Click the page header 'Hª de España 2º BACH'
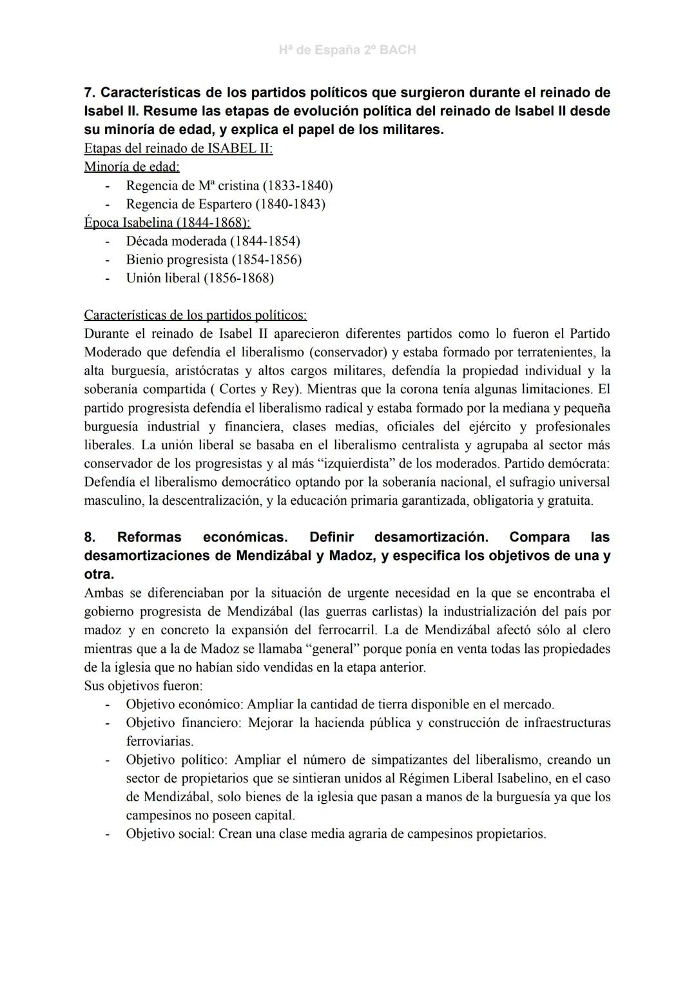click(347, 50)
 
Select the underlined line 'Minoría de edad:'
click(131, 167)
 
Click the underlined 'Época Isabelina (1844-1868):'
click(167, 223)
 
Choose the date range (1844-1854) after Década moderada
click(264, 241)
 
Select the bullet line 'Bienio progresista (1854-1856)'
click(213, 260)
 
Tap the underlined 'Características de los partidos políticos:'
click(195, 316)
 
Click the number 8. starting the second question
click(90, 537)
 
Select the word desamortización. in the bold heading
click(430, 537)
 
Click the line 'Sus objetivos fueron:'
click(143, 686)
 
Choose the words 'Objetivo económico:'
click(184, 705)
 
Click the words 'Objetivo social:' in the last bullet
click(170, 834)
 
